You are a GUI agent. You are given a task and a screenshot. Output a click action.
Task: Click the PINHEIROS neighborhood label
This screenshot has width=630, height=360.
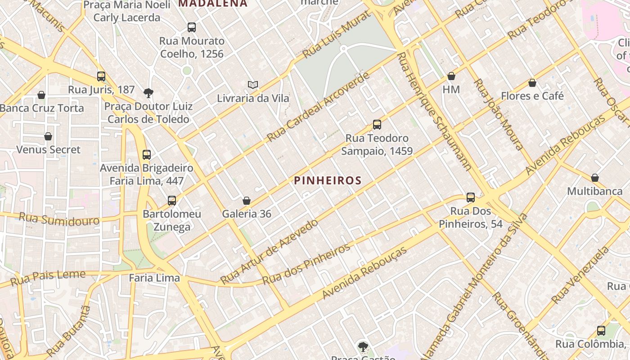click(328, 181)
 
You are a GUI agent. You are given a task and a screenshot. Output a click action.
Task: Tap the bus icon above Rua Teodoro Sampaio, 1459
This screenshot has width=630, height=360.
click(377, 125)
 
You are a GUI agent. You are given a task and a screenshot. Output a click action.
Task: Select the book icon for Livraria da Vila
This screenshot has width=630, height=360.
click(253, 85)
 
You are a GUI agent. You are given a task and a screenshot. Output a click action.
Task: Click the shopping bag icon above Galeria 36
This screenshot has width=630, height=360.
click(247, 201)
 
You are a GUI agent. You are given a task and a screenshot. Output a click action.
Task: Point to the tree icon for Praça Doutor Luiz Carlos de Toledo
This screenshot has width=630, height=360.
click(148, 93)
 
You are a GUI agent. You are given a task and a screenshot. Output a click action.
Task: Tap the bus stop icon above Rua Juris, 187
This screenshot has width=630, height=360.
click(101, 76)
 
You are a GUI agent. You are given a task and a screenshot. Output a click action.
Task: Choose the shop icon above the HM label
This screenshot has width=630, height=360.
click(451, 76)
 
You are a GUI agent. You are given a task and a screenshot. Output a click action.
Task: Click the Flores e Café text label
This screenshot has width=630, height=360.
click(532, 96)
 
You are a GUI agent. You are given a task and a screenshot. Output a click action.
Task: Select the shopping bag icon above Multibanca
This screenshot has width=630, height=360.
click(594, 178)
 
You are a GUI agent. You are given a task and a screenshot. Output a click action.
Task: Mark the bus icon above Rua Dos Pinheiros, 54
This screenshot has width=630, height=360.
click(471, 198)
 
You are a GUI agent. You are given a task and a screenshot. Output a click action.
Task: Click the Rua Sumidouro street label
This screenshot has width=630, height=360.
click(59, 219)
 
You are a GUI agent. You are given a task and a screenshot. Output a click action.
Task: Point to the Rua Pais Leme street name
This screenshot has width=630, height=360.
click(48, 277)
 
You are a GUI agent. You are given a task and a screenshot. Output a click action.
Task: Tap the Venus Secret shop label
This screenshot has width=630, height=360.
click(48, 149)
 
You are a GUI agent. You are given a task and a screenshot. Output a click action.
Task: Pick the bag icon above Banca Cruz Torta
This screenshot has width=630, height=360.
click(41, 95)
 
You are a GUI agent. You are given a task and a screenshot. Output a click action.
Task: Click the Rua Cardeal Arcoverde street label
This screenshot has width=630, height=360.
click(318, 107)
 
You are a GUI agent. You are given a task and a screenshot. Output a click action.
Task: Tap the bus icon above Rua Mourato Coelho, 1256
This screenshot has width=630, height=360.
click(192, 27)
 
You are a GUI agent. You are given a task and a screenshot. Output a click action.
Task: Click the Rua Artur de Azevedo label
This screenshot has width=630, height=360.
click(269, 251)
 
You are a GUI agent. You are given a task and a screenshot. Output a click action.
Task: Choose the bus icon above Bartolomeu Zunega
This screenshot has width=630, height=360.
click(172, 201)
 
